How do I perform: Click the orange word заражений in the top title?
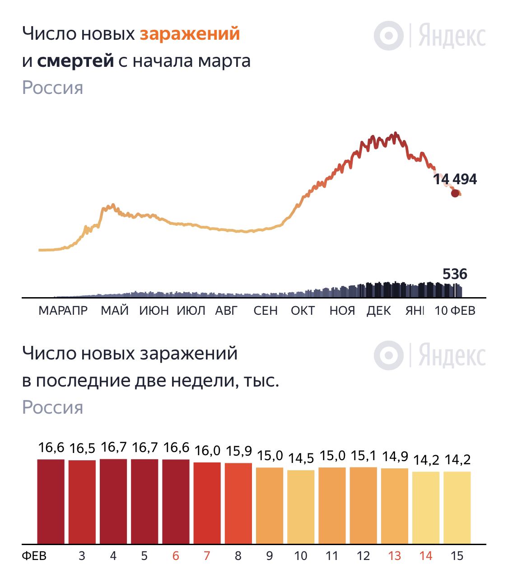coord(190,34)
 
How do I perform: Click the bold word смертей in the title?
coord(75,61)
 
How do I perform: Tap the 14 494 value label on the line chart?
coord(455,179)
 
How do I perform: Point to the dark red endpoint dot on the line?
coord(455,193)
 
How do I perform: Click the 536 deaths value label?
coord(455,274)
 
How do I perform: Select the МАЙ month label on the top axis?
coord(115,311)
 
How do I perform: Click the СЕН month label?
coord(266,311)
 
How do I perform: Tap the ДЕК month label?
coord(378,311)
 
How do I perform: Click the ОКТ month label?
coord(303,311)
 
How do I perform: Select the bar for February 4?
coord(113,501)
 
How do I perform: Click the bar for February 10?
coord(301,507)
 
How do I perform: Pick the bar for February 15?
coord(457,508)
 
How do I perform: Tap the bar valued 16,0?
coord(207,503)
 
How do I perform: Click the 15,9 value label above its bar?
coord(238,452)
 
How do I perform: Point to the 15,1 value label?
coord(364,456)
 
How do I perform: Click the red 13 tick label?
coord(394,556)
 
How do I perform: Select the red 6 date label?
coord(176,556)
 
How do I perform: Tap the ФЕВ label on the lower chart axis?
coord(34,556)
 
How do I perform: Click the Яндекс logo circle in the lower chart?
coord(388,355)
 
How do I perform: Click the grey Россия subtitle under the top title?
coord(52,88)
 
